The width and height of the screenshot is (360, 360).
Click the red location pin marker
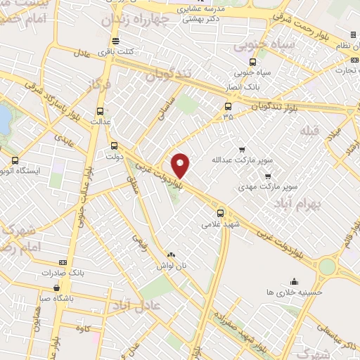pos(181,165)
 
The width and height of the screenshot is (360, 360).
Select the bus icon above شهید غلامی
pos(220,213)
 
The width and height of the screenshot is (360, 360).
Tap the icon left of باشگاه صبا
pos(56,288)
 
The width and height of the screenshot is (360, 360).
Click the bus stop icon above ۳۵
pos(227,107)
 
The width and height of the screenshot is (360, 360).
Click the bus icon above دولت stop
pos(115,146)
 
